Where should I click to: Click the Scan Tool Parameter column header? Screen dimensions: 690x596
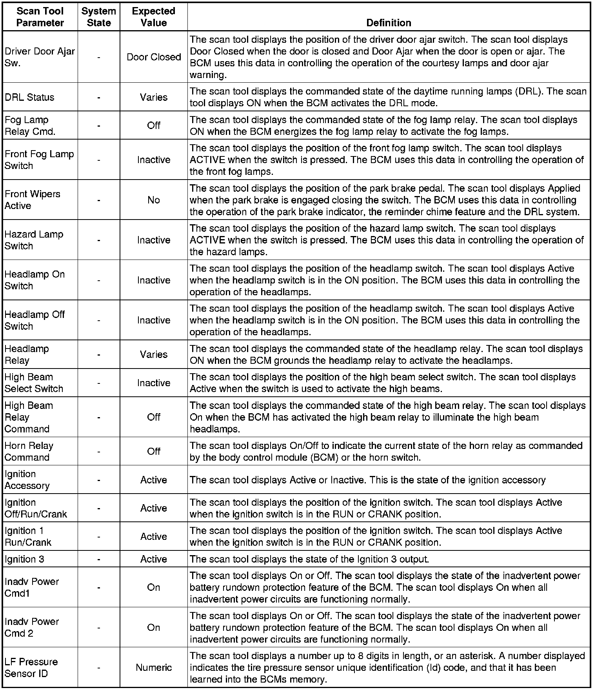(x=40, y=17)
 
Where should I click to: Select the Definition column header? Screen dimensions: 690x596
(x=389, y=23)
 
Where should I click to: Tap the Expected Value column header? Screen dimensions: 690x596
(x=154, y=17)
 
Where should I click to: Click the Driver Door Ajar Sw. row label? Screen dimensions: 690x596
(x=40, y=57)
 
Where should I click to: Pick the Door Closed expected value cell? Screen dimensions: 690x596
(x=154, y=57)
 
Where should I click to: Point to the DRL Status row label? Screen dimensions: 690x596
(x=29, y=97)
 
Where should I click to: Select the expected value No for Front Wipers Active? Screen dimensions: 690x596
(x=154, y=200)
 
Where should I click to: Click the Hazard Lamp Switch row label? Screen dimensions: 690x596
(x=34, y=240)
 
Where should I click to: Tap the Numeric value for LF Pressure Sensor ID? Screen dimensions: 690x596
(x=154, y=667)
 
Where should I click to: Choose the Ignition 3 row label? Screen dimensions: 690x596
(x=24, y=559)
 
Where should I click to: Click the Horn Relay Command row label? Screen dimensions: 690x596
(x=29, y=451)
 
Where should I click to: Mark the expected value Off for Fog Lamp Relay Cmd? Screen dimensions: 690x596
(x=154, y=125)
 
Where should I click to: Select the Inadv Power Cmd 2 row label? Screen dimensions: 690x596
(x=32, y=627)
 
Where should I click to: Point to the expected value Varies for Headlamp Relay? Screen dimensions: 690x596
(x=154, y=354)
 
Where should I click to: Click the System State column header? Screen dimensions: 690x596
(x=99, y=17)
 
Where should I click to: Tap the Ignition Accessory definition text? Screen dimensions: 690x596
(x=367, y=480)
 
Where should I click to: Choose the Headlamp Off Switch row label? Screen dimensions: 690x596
(x=35, y=320)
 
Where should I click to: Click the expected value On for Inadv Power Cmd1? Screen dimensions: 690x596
(x=154, y=587)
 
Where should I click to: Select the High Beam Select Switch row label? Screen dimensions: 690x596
(x=34, y=383)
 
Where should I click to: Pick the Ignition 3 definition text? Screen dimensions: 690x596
(x=309, y=559)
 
